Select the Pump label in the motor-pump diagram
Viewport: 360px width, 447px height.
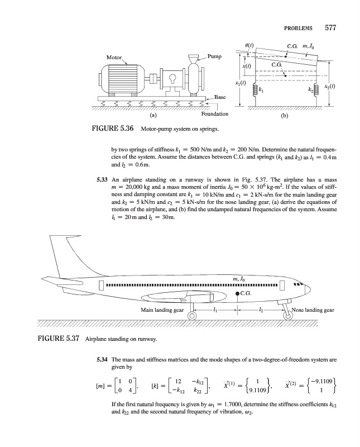click(215, 56)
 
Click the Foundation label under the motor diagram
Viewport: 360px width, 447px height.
click(215, 114)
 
